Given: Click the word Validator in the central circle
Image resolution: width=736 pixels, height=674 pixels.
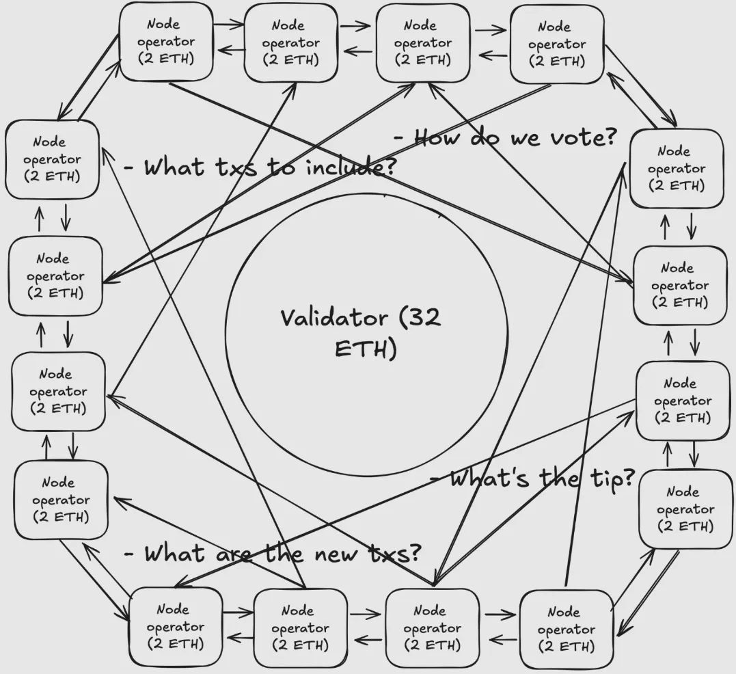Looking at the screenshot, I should (x=333, y=319).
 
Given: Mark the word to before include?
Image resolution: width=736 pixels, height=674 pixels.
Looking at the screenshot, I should (x=280, y=167).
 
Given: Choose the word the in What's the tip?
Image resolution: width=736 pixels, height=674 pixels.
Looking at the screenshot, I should (x=558, y=479).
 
